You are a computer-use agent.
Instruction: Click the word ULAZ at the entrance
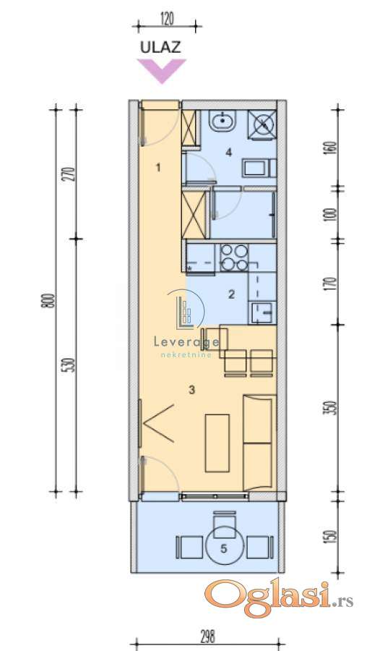[160, 47]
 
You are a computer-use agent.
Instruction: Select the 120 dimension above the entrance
[166, 19]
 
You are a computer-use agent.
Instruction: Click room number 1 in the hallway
[158, 168]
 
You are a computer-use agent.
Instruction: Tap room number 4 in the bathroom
[228, 153]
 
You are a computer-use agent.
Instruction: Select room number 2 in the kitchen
[231, 294]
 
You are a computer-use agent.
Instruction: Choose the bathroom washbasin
[223, 121]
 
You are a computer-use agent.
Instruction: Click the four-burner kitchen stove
[234, 258]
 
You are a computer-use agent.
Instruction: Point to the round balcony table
[223, 544]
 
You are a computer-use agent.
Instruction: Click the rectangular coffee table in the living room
[217, 443]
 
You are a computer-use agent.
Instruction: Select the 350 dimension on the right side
[332, 408]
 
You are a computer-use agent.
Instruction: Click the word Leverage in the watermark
[186, 342]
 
